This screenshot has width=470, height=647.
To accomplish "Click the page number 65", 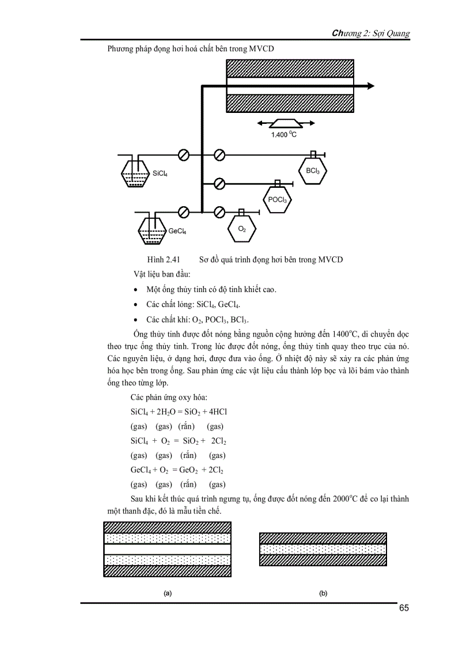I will tap(403, 609).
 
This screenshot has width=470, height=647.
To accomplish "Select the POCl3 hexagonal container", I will tap(277, 199).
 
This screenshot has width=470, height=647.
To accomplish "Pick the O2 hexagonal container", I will tap(241, 229).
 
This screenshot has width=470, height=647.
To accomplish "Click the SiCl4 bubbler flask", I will tap(135, 173).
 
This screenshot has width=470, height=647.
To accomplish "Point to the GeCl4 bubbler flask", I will tap(151, 231).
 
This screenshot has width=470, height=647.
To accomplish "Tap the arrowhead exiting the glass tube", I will tap(370, 86).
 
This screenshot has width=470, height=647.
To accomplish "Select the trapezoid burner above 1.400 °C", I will tap(286, 123).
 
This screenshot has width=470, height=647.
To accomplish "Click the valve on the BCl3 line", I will tap(219, 155).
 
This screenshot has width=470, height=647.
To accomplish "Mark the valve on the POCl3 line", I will tap(219, 184).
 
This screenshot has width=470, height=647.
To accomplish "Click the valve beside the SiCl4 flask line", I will tap(184, 155).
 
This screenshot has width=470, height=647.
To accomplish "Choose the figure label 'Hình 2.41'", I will tap(164, 259).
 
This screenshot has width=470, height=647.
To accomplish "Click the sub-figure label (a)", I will tap(167, 593).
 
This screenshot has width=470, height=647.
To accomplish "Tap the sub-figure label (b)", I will tap(323, 593).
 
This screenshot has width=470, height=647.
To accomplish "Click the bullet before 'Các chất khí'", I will tap(135, 320).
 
